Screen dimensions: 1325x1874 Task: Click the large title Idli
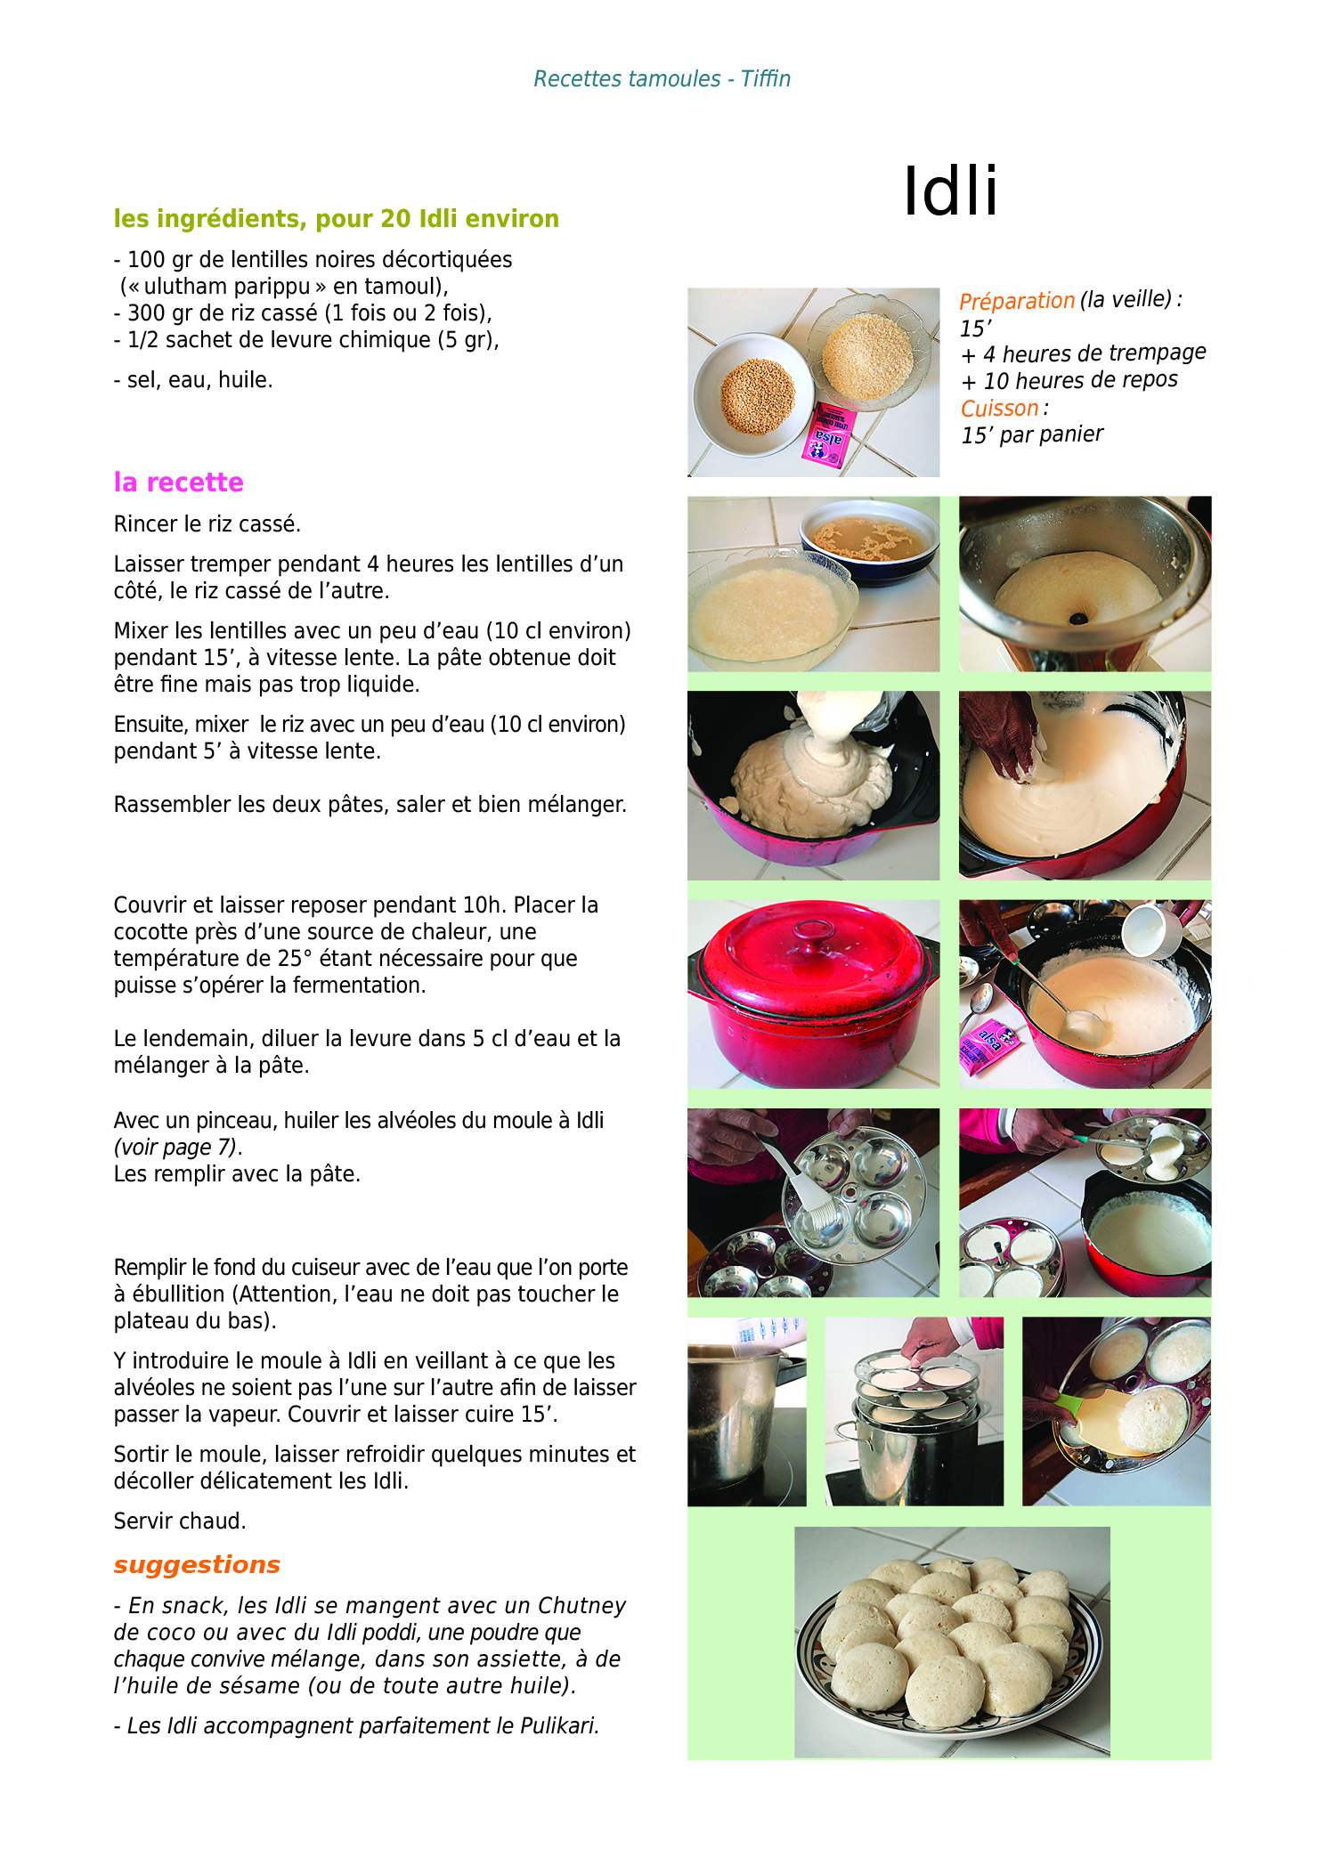[950, 191]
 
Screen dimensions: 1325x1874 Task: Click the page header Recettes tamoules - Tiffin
[662, 79]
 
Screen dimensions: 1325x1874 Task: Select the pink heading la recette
[178, 483]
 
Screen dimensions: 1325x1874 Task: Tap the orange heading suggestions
[197, 1566]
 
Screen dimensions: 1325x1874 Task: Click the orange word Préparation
[1017, 301]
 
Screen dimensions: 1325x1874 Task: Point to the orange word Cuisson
[999, 409]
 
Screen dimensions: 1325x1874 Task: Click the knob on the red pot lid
[814, 931]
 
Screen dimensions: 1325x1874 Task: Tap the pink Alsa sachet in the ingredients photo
[825, 435]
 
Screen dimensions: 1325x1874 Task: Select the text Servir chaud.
[180, 1521]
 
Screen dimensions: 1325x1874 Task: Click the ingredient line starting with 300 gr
[303, 313]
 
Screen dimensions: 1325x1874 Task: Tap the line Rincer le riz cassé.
[207, 524]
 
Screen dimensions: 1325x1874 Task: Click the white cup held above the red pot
[1152, 929]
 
